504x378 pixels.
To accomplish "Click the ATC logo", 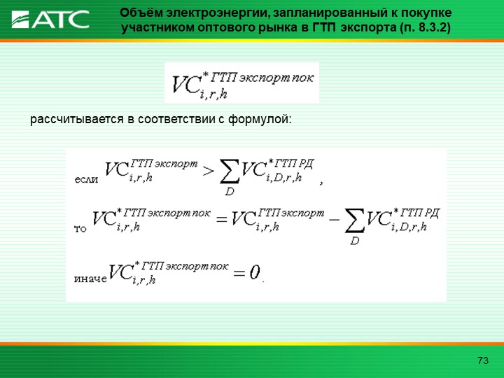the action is (50, 20).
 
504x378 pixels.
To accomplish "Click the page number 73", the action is (483, 360).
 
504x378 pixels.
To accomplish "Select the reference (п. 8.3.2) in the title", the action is (425, 28).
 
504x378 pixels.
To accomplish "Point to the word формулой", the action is (260, 120).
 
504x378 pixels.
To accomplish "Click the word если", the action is (86, 179).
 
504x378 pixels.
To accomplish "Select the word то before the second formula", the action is (80, 229).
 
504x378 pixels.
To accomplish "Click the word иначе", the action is (90, 279).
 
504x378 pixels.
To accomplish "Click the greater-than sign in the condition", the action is (209, 171).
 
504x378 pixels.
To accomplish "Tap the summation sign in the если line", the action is (230, 171).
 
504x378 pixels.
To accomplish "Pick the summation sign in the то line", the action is (354, 220).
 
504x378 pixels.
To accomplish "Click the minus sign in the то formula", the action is (335, 220).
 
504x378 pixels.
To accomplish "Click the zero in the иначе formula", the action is (254, 272).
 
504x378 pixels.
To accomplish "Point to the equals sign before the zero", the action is (239, 274).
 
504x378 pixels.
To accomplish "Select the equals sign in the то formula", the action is (222, 220).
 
